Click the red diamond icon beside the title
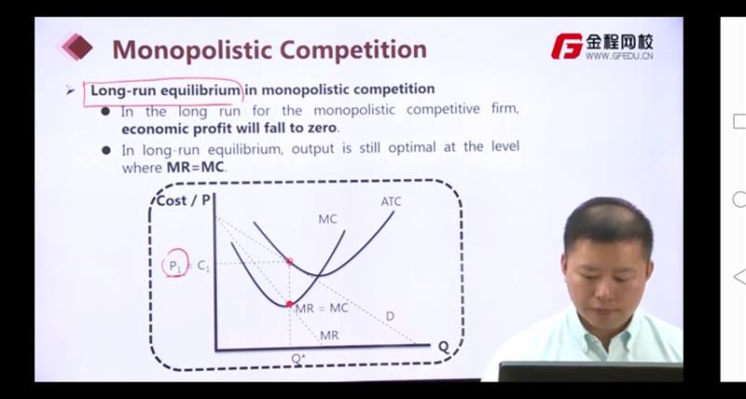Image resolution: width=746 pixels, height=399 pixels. tap(77, 47)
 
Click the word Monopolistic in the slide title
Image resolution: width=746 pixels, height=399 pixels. tap(191, 50)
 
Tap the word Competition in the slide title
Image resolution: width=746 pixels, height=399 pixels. tap(352, 49)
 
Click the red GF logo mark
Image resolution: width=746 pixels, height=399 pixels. tap(567, 46)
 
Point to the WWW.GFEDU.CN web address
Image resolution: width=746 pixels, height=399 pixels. tap(619, 56)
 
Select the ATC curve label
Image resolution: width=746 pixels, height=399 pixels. tap(391, 201)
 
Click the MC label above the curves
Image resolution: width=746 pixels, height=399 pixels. tap(327, 219)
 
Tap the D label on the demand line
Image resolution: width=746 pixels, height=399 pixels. tap(390, 316)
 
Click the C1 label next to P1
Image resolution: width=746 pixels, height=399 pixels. tap(202, 267)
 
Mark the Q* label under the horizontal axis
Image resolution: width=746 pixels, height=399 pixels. tap(297, 359)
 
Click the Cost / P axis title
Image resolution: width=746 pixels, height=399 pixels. tap(183, 200)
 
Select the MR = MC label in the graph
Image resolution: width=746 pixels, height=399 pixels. tap(322, 309)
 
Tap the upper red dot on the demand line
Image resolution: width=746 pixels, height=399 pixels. tap(289, 262)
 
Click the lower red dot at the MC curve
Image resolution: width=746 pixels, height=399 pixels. tap(289, 304)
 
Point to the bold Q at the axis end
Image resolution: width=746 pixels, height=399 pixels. tap(444, 347)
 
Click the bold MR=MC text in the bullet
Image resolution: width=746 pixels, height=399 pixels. tap(196, 168)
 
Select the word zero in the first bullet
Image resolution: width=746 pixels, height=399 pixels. tap(322, 128)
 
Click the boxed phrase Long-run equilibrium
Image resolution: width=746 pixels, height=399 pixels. tap(165, 89)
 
